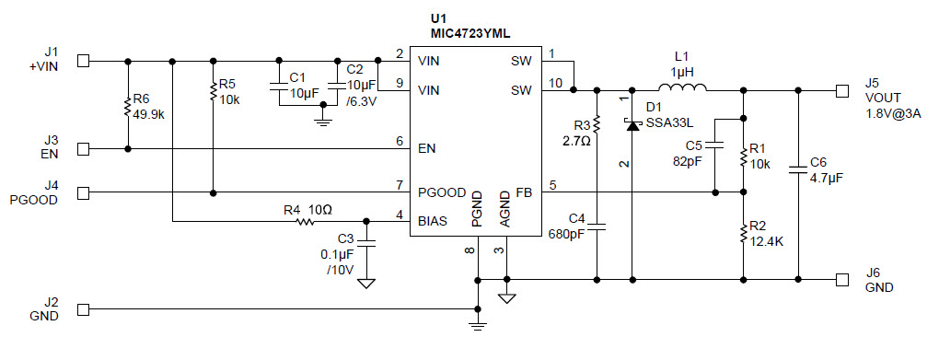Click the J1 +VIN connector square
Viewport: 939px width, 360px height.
click(x=84, y=62)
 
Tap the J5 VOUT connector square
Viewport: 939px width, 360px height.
click(x=841, y=90)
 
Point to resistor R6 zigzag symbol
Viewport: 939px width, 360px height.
click(x=128, y=107)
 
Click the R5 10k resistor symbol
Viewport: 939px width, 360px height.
click(x=214, y=90)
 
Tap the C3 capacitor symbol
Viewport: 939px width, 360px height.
click(x=366, y=241)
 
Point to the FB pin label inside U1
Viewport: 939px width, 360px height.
click(x=522, y=192)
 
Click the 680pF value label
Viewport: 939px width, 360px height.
click(x=565, y=233)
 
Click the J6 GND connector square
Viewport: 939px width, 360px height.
click(x=841, y=279)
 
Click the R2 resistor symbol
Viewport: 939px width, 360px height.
click(x=743, y=234)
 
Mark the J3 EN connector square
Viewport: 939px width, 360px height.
click(x=84, y=148)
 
